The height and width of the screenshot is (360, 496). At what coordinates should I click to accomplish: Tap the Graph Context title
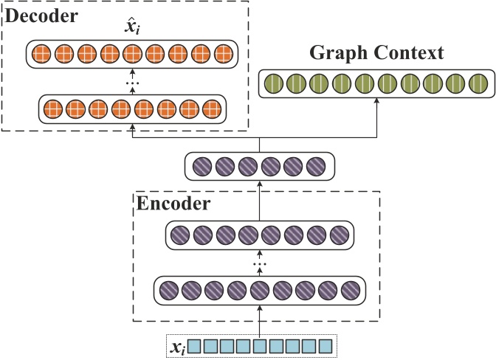click(376, 53)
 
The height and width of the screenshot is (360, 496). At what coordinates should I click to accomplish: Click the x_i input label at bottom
click(176, 345)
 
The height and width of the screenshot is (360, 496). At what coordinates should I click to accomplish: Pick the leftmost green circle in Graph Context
click(274, 81)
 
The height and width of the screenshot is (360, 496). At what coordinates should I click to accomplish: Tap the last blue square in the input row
click(328, 345)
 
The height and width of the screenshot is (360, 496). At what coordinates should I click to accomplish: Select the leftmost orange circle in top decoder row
click(41, 54)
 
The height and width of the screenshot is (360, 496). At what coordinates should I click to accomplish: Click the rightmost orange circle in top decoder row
click(224, 54)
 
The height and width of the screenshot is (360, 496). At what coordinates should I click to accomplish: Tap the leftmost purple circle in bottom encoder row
click(169, 288)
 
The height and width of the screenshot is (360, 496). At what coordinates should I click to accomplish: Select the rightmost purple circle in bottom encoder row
click(351, 288)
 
